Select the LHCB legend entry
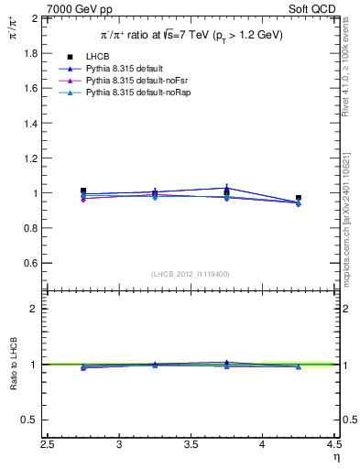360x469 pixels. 99,57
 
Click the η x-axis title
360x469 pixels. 335,457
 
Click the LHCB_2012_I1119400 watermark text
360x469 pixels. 191,274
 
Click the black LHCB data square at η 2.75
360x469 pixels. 83,191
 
